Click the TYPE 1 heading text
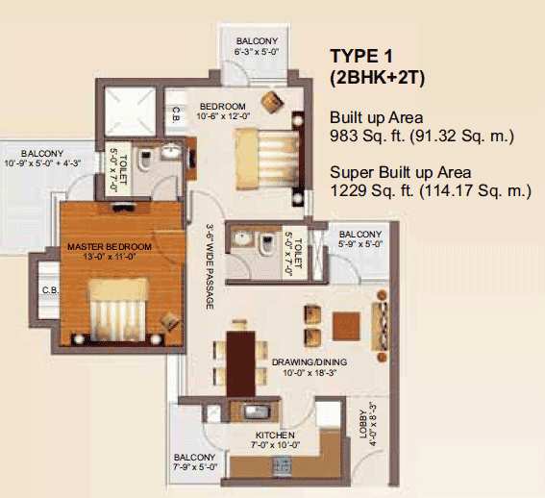coord(361,56)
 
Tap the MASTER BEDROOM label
coord(110,246)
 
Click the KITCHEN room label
coord(275,436)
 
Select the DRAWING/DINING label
coord(310,362)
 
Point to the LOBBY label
coord(363,424)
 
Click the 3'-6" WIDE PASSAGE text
coord(210,267)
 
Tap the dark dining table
coord(241,363)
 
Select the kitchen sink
coord(256,412)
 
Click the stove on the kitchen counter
coord(283,465)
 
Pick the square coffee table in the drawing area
coord(346,326)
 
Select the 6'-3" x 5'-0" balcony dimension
coord(258,52)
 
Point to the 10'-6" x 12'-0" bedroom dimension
coord(224,116)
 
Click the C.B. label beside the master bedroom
coord(50,290)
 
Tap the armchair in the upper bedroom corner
coord(273,101)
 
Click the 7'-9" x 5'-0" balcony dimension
coord(195,467)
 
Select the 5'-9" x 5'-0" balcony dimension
coord(360,243)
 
